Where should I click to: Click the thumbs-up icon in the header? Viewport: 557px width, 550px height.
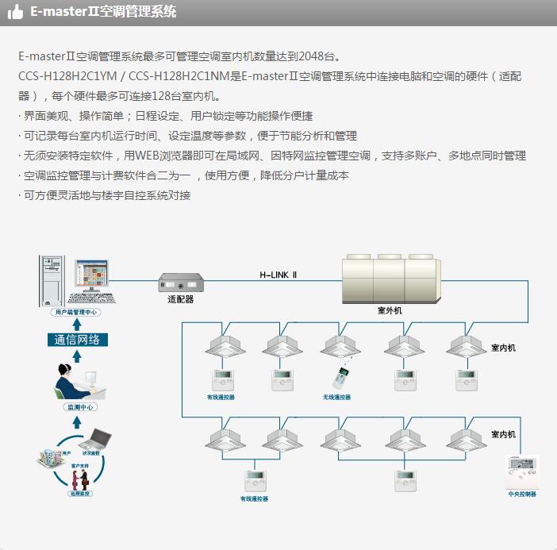(15, 12)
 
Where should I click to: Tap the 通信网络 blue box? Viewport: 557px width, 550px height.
(77, 340)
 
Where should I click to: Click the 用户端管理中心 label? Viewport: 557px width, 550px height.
(76, 313)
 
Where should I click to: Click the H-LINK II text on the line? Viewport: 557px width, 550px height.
(278, 275)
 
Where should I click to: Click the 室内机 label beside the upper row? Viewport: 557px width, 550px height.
(503, 348)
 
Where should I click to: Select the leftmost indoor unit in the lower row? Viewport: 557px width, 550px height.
(224, 439)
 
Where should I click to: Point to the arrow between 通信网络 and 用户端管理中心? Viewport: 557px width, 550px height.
(77, 325)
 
